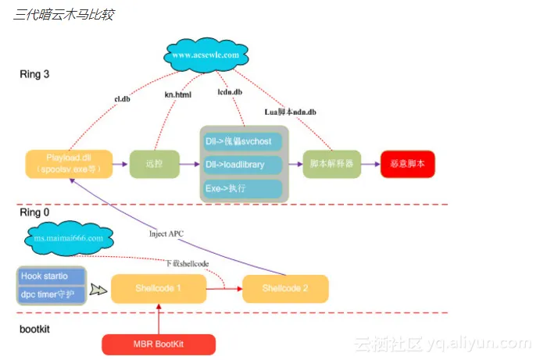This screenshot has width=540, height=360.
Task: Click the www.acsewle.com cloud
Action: [204, 55]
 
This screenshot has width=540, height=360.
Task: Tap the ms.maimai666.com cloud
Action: [68, 238]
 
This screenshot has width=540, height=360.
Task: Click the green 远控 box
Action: [149, 164]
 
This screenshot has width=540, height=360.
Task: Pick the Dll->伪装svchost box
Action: [244, 141]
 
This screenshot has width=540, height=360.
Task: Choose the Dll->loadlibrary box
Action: [244, 165]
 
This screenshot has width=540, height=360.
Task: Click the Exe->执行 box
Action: [244, 188]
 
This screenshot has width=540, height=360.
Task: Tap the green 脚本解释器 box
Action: [332, 164]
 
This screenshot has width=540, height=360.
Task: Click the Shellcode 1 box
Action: [159, 288]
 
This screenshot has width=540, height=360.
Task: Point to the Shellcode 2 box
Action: [285, 288]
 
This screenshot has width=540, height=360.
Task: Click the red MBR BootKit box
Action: [159, 344]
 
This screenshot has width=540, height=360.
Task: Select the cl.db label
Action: [122, 99]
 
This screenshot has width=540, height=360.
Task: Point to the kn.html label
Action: [179, 94]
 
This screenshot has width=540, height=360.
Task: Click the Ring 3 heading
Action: [34, 74]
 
